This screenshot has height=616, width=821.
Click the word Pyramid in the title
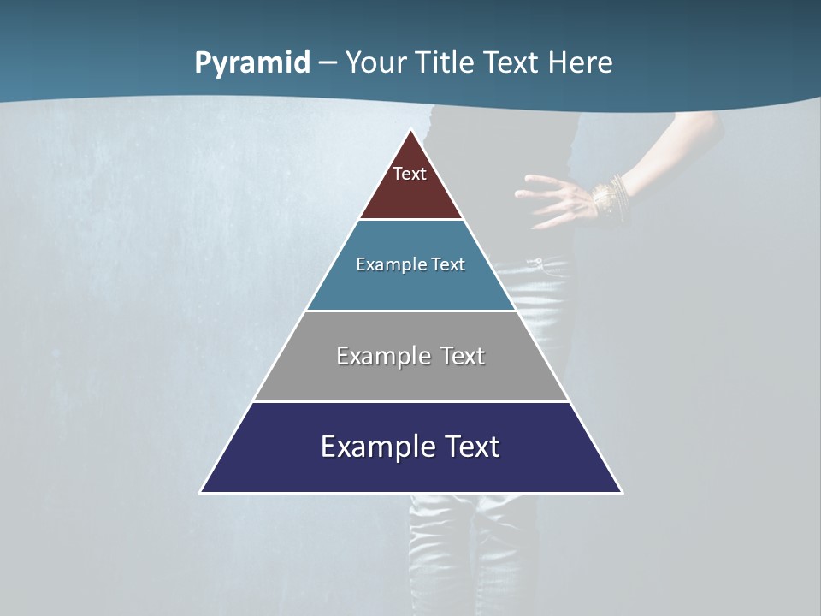[x=252, y=63]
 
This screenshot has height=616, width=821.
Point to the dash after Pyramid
[x=327, y=63]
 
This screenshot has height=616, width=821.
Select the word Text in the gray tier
[x=463, y=356]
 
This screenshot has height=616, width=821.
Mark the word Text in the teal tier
[x=449, y=264]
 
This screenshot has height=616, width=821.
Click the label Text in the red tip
[x=410, y=174]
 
